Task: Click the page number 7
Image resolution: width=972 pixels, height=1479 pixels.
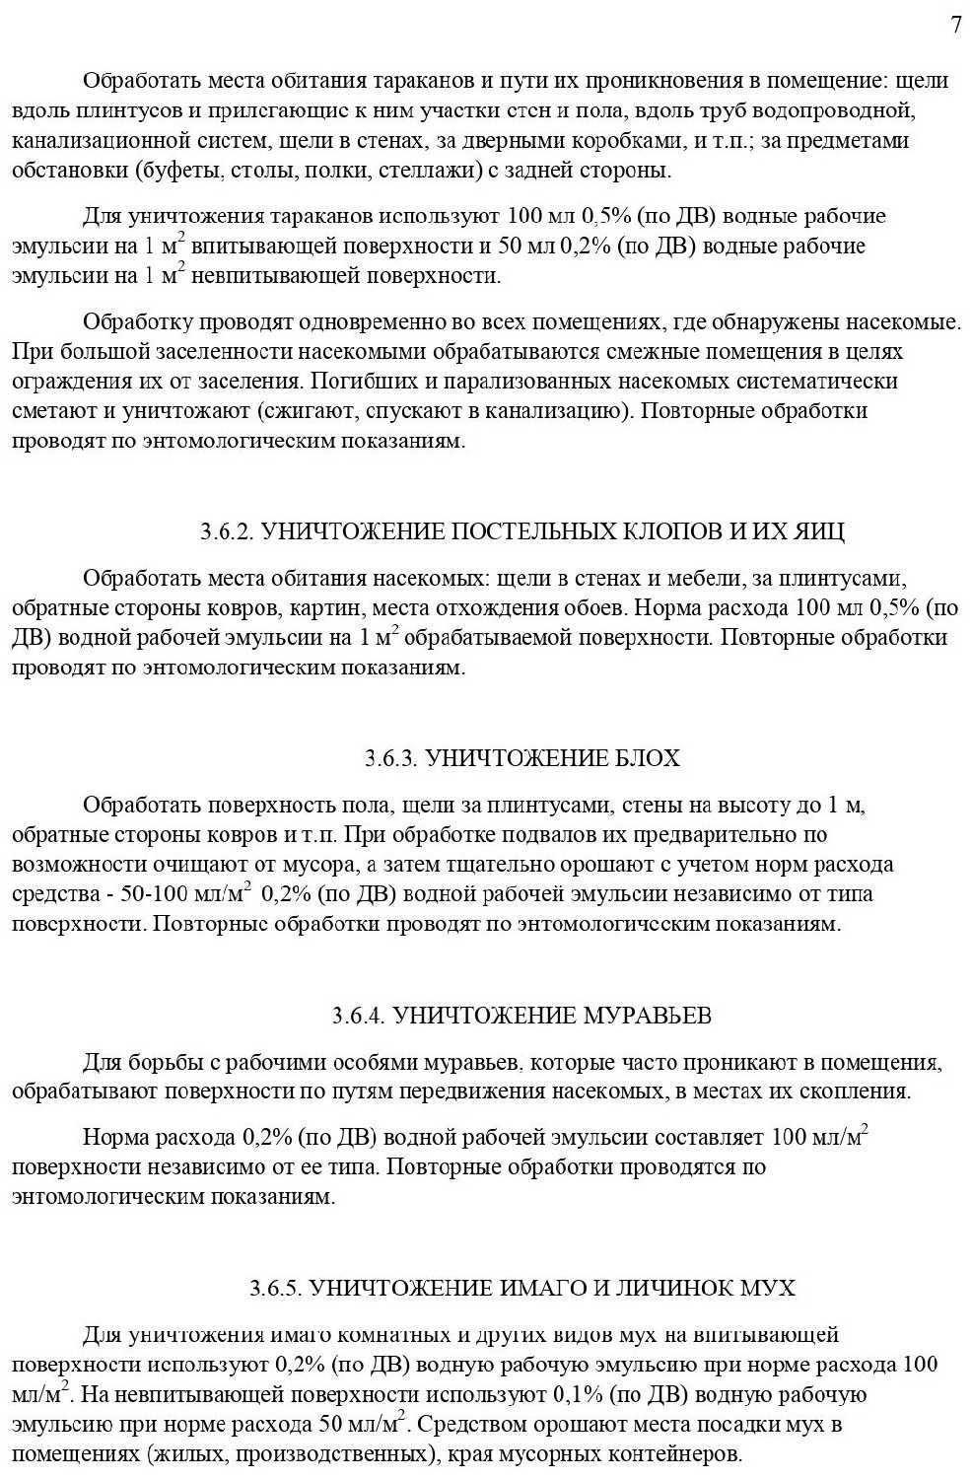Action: pyautogui.click(x=956, y=26)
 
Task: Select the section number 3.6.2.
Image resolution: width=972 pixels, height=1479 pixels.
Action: pyautogui.click(x=228, y=532)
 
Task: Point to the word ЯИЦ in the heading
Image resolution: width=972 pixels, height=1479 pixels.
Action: pyautogui.click(x=822, y=532)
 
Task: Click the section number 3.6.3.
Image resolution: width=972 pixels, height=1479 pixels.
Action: pyautogui.click(x=392, y=758)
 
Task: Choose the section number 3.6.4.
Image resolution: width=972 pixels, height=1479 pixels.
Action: pyautogui.click(x=359, y=1016)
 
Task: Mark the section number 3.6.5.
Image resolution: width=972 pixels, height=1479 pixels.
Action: pyautogui.click(x=277, y=1289)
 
